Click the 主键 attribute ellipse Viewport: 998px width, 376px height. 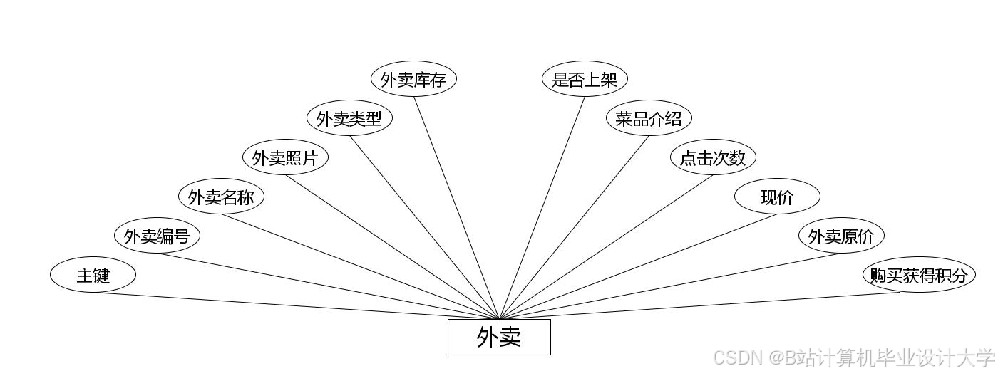coord(93,275)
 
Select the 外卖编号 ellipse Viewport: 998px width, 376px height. coord(157,236)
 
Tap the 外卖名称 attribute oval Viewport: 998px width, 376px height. coord(221,197)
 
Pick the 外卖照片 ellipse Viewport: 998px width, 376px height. coord(285,158)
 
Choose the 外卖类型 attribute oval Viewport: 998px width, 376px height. coord(349,119)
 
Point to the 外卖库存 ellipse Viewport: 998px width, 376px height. coord(413,80)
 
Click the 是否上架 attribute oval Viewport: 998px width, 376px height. coord(585,80)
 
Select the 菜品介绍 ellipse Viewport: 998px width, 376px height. coord(649,119)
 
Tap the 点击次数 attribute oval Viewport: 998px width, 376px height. coord(713,158)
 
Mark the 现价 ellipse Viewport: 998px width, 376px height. coord(777,197)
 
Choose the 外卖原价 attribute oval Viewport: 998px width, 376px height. coord(841,236)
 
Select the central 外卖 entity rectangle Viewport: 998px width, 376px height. coord(499,337)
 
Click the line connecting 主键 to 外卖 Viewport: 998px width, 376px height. coord(285,305)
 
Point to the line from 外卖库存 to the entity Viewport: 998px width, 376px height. coord(456,207)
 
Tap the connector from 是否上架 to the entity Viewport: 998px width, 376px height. coord(542,207)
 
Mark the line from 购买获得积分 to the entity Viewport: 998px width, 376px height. coord(713,305)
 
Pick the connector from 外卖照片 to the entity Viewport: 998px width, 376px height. coord(392,247)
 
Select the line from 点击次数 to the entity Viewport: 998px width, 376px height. coord(606,247)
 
